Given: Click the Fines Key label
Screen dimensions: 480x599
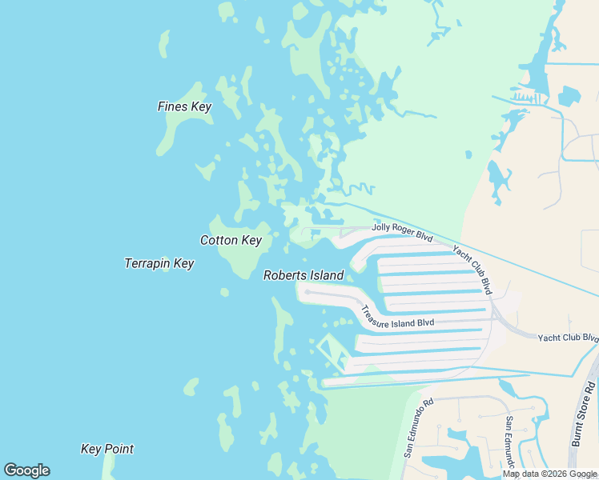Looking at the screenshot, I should coord(184,106).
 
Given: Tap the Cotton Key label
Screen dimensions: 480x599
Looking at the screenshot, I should coord(231,240).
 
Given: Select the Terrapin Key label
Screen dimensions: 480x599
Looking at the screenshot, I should coord(159,263).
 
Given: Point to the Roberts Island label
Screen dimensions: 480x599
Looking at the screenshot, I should coord(304,275).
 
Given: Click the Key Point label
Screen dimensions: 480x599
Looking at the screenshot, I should coord(107,449).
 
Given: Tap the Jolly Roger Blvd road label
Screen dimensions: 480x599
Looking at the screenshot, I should coord(402,232).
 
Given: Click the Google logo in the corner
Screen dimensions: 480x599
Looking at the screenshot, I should coord(26,470).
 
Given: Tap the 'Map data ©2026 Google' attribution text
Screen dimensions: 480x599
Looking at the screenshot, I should coord(549,474).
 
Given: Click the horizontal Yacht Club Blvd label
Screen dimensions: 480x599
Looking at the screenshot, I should coord(568,338).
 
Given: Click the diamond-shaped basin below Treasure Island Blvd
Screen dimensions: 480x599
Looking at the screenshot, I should coord(332,352).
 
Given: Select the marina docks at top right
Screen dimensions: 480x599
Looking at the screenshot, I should coord(526,98).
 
